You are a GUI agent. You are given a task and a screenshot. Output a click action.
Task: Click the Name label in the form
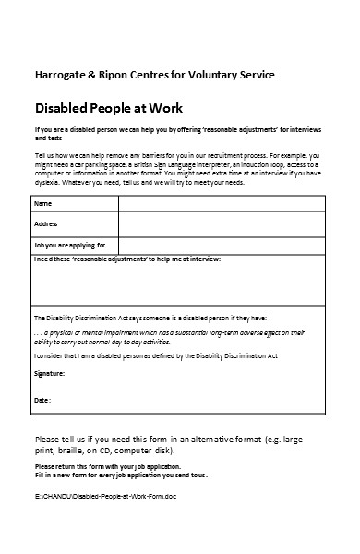[43, 202]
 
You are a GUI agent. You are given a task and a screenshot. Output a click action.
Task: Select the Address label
[46, 223]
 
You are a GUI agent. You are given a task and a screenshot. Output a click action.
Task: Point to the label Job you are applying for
[70, 245]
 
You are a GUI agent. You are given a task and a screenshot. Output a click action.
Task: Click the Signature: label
[50, 373]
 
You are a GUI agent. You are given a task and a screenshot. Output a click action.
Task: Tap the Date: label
[42, 400]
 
